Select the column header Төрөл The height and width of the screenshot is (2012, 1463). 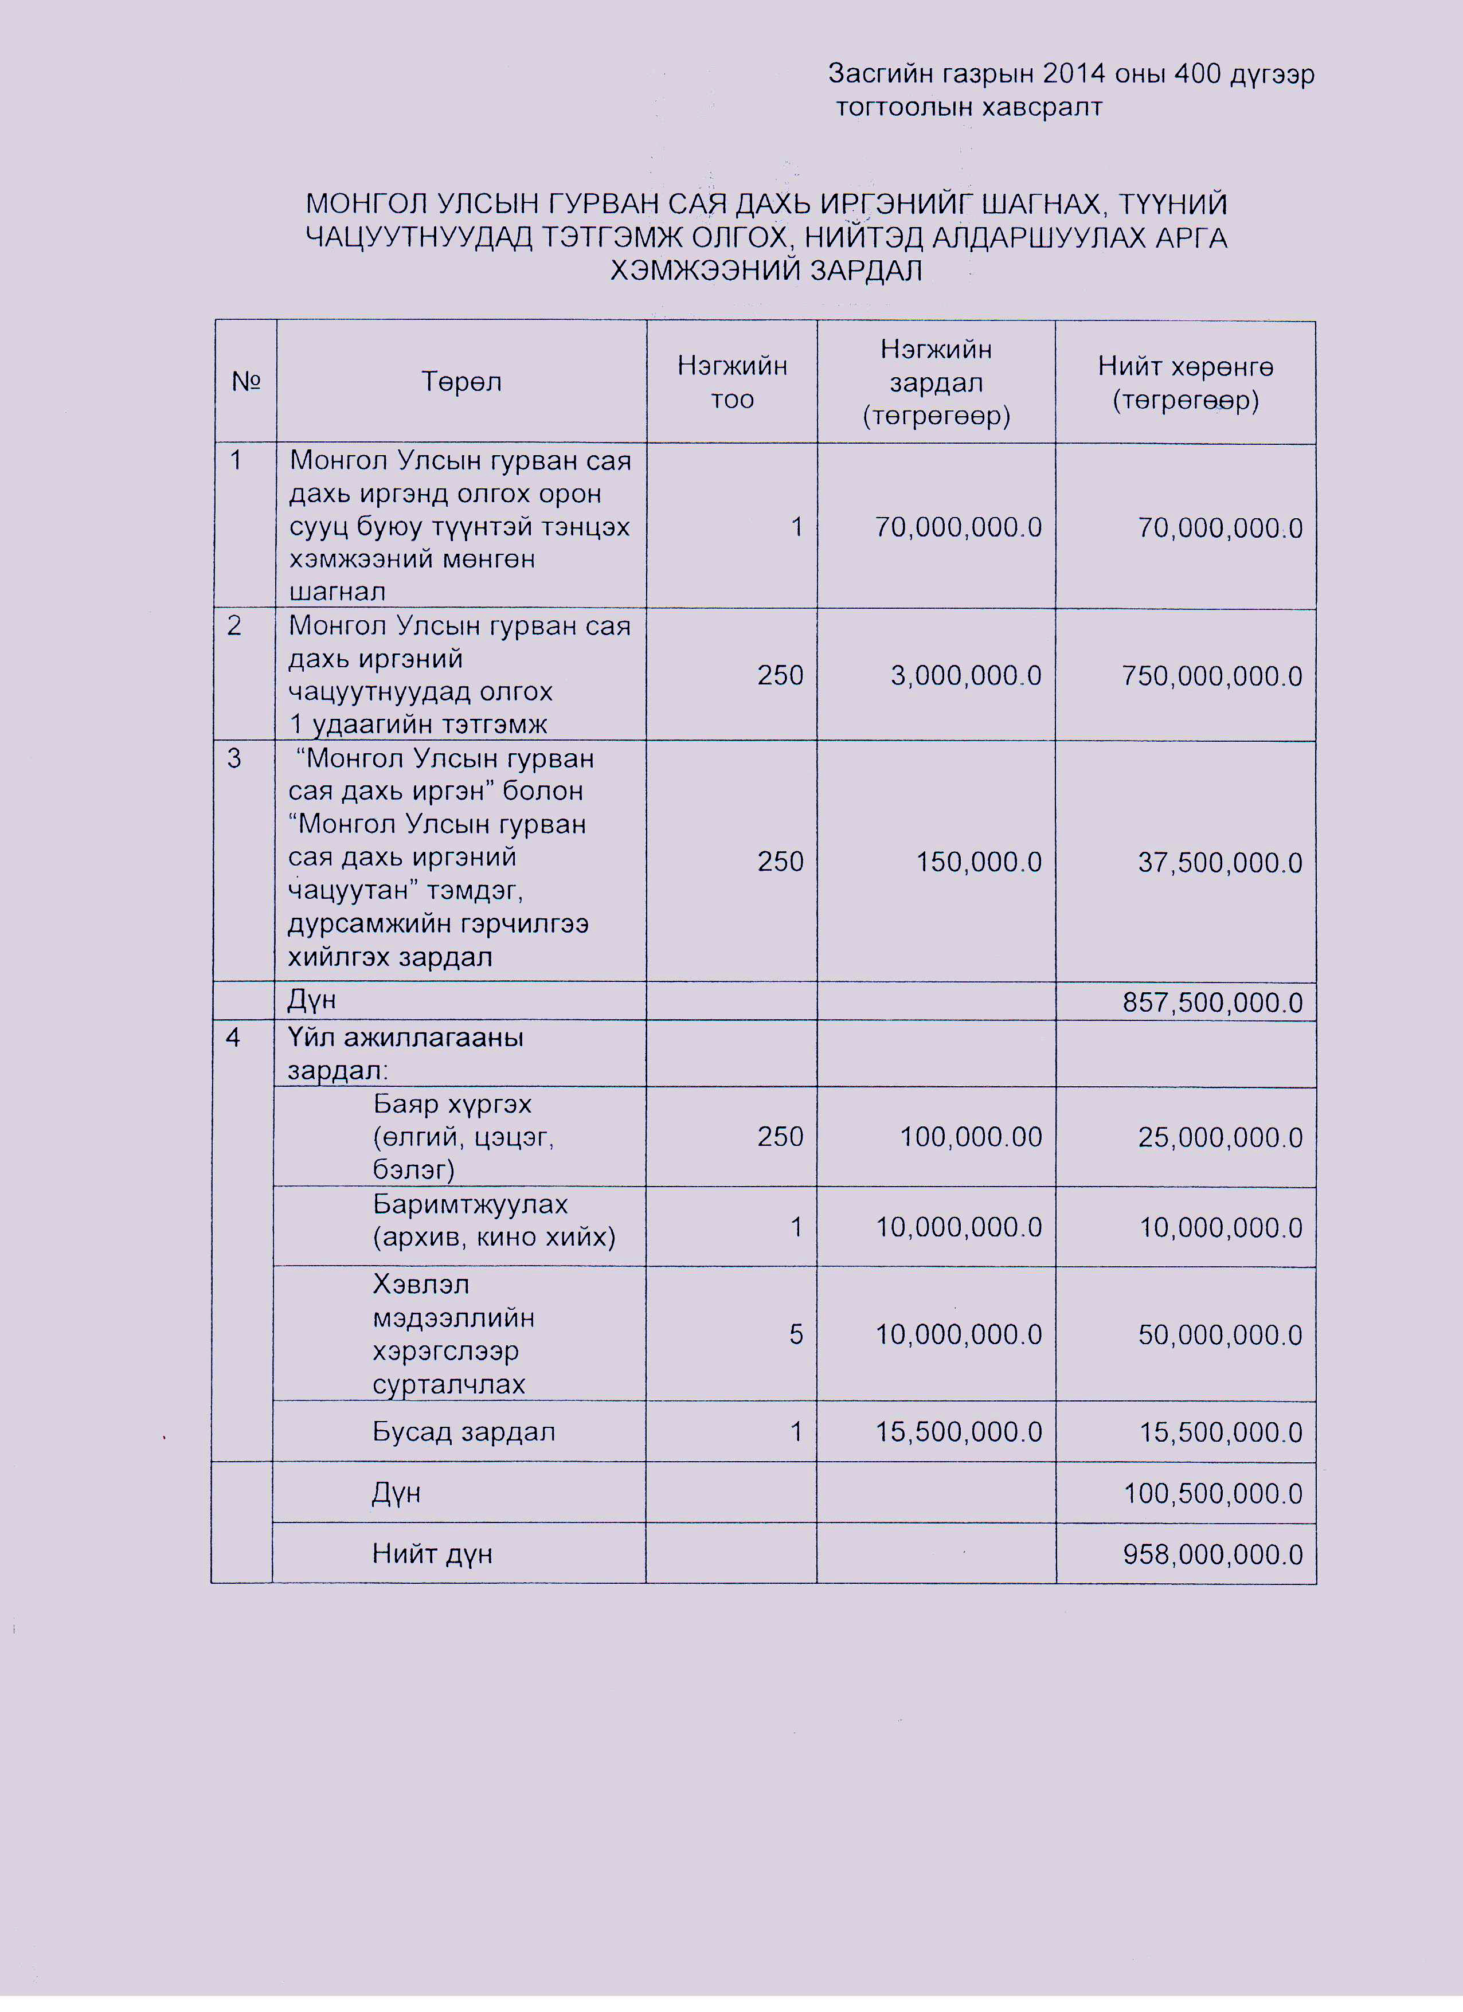pos(461,382)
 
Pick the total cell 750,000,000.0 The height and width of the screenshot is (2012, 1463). pos(1212,676)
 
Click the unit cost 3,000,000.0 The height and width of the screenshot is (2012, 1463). pos(966,676)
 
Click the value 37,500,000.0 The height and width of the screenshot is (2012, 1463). pos(1220,862)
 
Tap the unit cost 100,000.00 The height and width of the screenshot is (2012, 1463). pos(971,1137)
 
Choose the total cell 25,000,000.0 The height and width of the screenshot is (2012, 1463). pos(1220,1137)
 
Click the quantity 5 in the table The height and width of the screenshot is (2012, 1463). pos(796,1334)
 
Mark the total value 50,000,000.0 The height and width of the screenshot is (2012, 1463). pos(1220,1335)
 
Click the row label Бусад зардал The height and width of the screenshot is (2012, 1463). pos(463,1432)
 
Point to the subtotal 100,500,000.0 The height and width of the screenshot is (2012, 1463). pos(1213,1494)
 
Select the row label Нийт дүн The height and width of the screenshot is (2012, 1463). pos(432,1553)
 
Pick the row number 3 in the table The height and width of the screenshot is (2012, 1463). pos(234,760)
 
